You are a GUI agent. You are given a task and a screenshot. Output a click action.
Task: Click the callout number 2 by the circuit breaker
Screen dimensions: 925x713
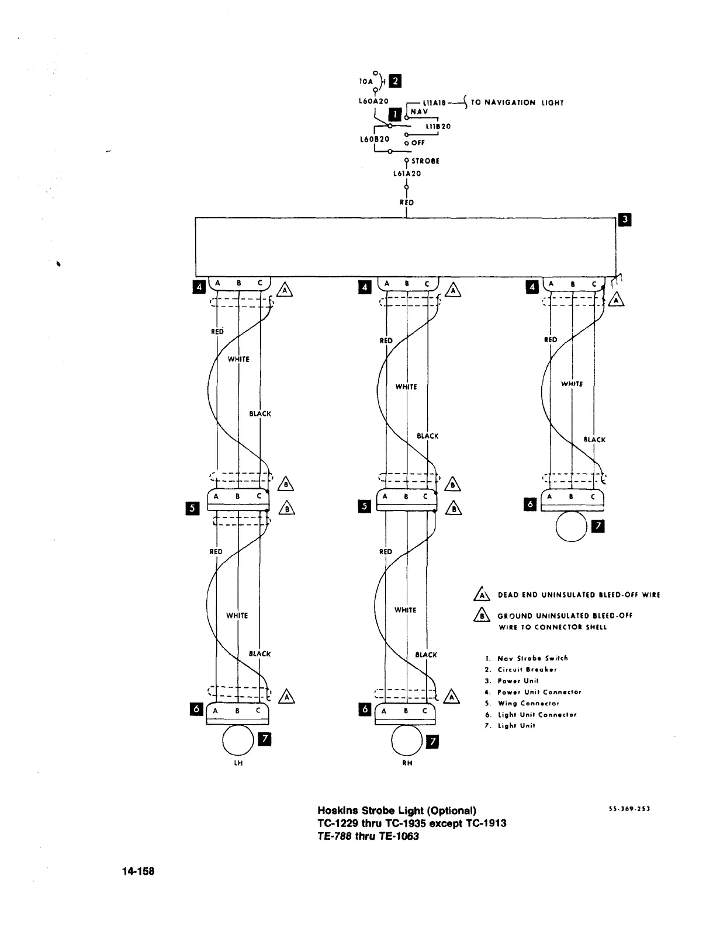(x=395, y=81)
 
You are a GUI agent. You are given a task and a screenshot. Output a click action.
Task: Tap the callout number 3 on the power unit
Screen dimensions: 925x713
(x=625, y=220)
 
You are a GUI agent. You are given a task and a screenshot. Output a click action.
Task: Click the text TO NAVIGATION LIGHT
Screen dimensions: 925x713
(x=517, y=103)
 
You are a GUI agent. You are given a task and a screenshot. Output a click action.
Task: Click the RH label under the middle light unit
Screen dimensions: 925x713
(x=407, y=763)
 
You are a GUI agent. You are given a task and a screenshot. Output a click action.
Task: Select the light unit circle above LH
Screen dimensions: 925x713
(x=237, y=740)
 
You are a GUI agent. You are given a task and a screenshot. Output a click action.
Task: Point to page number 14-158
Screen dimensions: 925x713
(x=138, y=871)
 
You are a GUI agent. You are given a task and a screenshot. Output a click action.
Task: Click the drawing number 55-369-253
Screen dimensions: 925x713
(x=629, y=809)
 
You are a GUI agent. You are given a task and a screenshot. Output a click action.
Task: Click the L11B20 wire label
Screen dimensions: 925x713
(x=438, y=126)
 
